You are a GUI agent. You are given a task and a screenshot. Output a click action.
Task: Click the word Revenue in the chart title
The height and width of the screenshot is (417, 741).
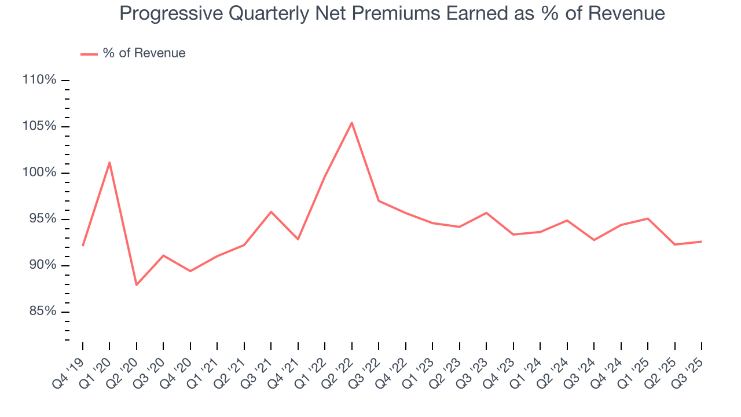[x=626, y=14]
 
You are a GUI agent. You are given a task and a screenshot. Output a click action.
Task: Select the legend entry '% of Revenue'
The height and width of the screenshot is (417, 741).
[x=144, y=53]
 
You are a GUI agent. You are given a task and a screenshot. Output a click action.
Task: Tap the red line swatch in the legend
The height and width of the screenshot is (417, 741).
[x=89, y=54]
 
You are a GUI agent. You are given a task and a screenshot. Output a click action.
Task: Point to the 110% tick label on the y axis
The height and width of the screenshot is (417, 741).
[x=39, y=80]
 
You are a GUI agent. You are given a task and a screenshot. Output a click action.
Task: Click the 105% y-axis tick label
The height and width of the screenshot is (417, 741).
[x=39, y=126]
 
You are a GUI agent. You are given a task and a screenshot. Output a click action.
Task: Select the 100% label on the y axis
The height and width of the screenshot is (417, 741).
[x=39, y=173]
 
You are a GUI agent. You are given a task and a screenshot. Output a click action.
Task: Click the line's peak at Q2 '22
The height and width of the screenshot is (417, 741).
[x=351, y=122]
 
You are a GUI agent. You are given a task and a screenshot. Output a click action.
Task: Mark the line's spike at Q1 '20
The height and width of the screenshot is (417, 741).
[x=109, y=162]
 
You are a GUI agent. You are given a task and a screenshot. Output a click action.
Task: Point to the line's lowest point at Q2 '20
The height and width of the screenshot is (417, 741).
[x=137, y=285]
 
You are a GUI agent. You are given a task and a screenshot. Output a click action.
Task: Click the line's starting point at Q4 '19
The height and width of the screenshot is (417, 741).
[x=83, y=246]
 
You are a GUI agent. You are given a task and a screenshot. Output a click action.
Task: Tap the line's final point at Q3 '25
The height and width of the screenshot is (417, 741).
[x=701, y=242]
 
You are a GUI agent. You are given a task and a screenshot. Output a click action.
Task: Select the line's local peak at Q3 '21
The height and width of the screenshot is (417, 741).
[x=271, y=211]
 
